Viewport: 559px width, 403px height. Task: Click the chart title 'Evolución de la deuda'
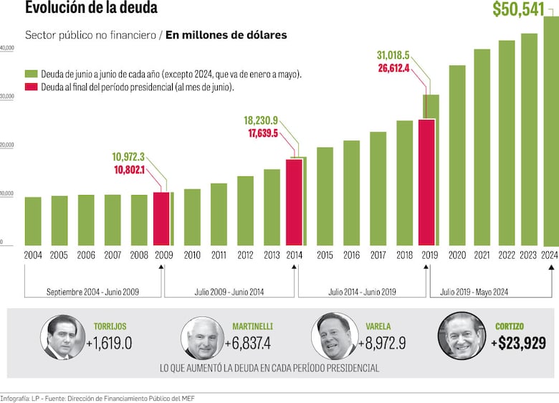click(91, 9)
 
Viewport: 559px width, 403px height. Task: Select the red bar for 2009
click(161, 219)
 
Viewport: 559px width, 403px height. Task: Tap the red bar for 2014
click(294, 202)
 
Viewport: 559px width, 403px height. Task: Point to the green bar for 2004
click(33, 221)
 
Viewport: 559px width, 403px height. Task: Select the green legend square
click(31, 74)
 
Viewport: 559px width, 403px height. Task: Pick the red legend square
click(31, 87)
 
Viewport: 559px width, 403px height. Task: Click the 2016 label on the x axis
click(351, 255)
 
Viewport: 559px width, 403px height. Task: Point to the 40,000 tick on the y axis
click(7, 48)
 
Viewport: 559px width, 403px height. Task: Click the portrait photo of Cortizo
click(462, 336)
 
